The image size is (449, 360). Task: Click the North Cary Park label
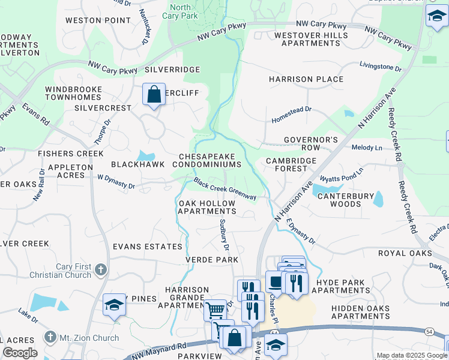180,12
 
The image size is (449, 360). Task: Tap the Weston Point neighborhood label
98,20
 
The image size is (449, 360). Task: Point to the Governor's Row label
311,144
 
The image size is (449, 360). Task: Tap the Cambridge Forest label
291,165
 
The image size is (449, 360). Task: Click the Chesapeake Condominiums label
210,160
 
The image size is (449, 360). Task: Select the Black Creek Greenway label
225,189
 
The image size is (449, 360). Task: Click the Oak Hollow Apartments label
207,208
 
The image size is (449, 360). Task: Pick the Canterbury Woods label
339,200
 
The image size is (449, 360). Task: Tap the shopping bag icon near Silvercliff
154,95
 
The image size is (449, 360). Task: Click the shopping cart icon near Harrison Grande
215,310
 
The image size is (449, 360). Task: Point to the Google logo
20,353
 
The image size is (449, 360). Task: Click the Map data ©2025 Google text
412,355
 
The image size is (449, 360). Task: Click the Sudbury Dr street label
224,235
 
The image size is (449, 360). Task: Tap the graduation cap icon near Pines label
113,305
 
